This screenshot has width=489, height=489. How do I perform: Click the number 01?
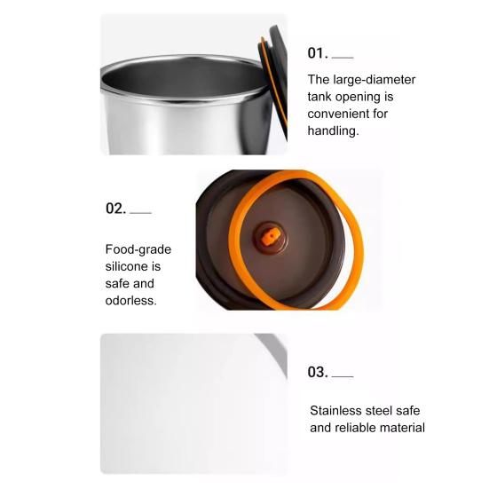(x=318, y=53)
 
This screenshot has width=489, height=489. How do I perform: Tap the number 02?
(x=115, y=209)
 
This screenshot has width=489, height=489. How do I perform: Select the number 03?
(x=318, y=372)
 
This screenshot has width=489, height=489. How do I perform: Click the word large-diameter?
(x=375, y=80)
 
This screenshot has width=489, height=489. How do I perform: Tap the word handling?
(x=333, y=131)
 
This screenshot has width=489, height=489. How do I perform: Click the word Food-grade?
(x=138, y=249)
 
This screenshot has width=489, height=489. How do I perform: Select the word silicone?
(x=127, y=266)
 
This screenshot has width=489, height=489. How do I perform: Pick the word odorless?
(x=131, y=301)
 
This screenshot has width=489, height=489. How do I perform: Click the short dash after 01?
(x=343, y=58)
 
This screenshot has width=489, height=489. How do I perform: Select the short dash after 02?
(x=140, y=213)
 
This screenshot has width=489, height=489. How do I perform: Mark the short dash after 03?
(x=343, y=376)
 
